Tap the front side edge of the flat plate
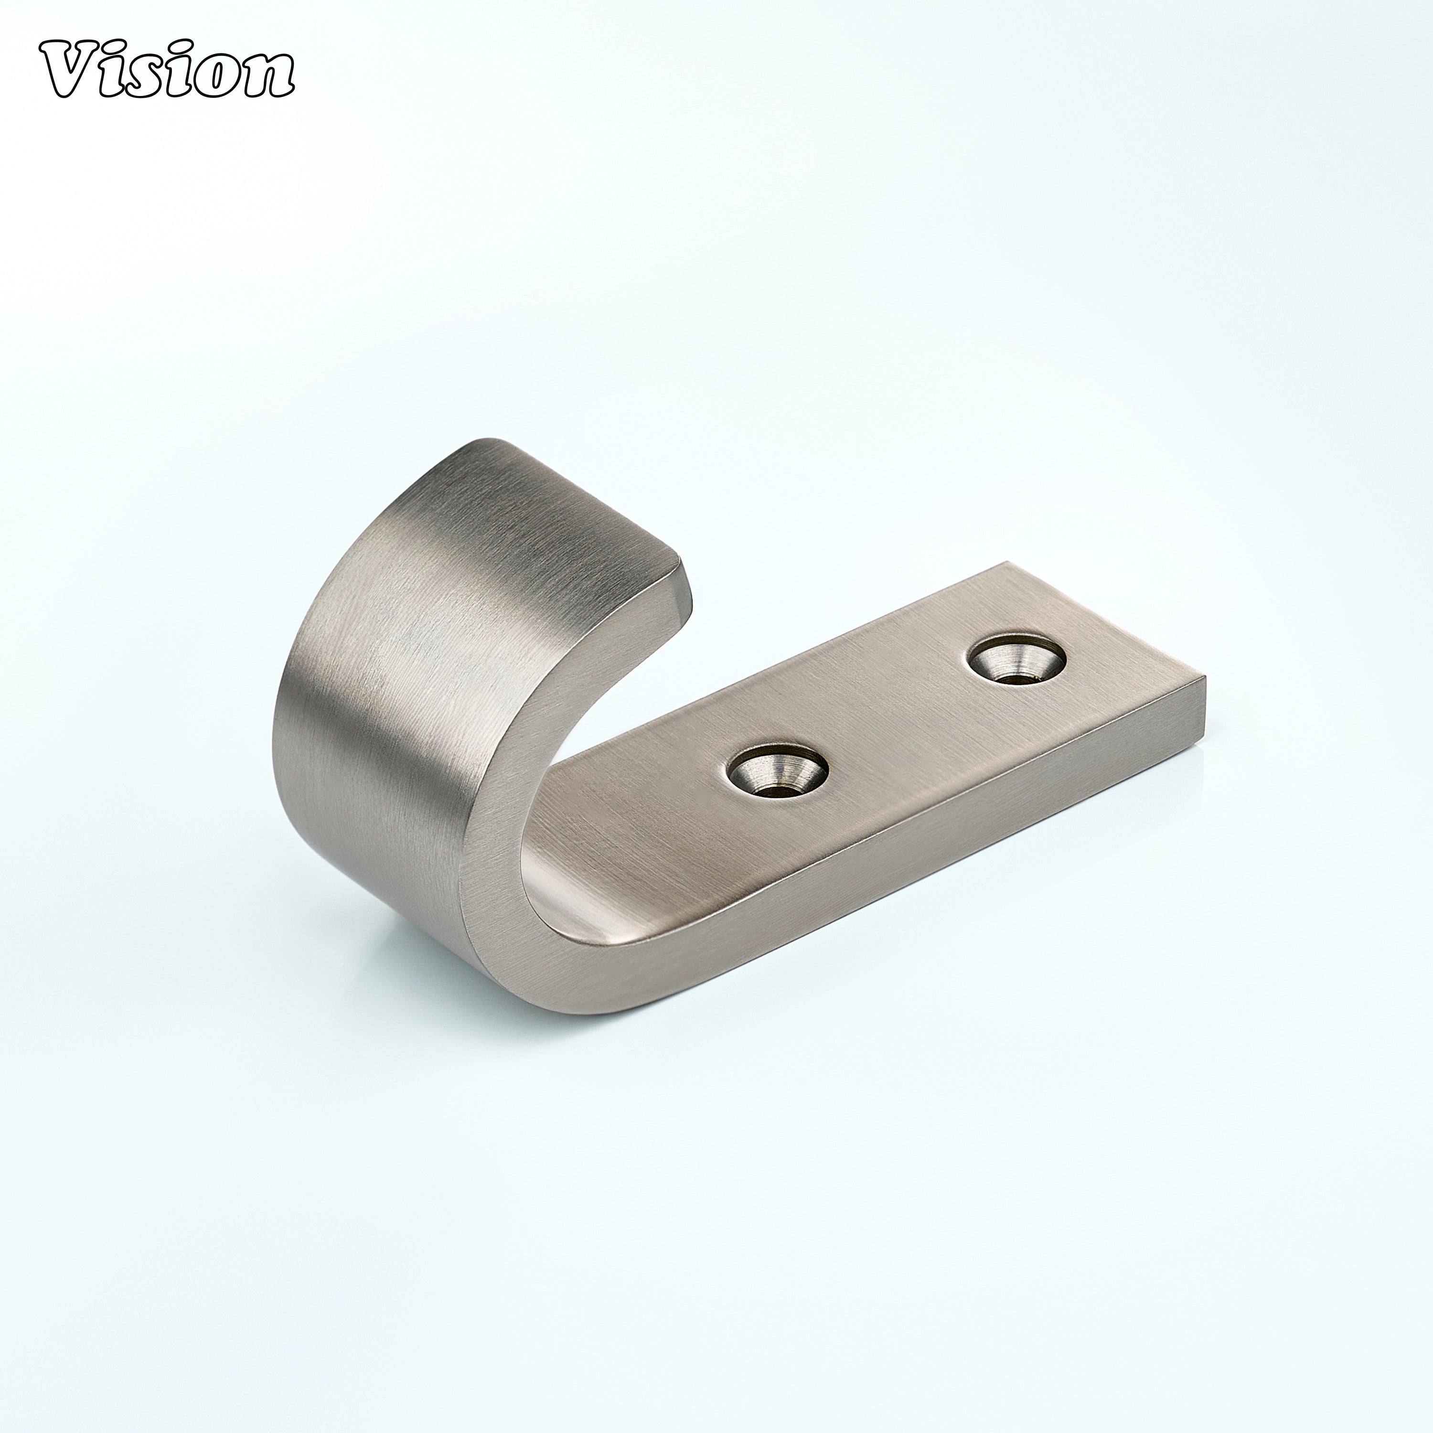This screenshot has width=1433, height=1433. (x=890, y=875)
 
